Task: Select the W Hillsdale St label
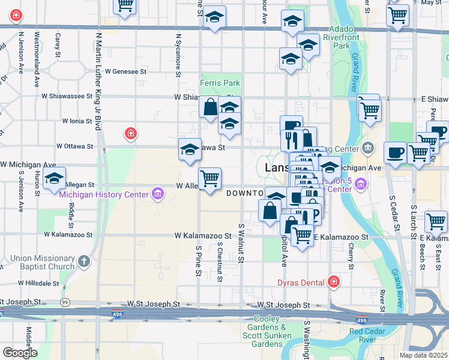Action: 40,283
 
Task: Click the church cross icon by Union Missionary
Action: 84,262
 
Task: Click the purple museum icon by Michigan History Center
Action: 157,193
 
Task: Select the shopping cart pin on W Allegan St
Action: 209,178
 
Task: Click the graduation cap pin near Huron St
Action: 54,179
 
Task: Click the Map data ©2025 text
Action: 424,355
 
